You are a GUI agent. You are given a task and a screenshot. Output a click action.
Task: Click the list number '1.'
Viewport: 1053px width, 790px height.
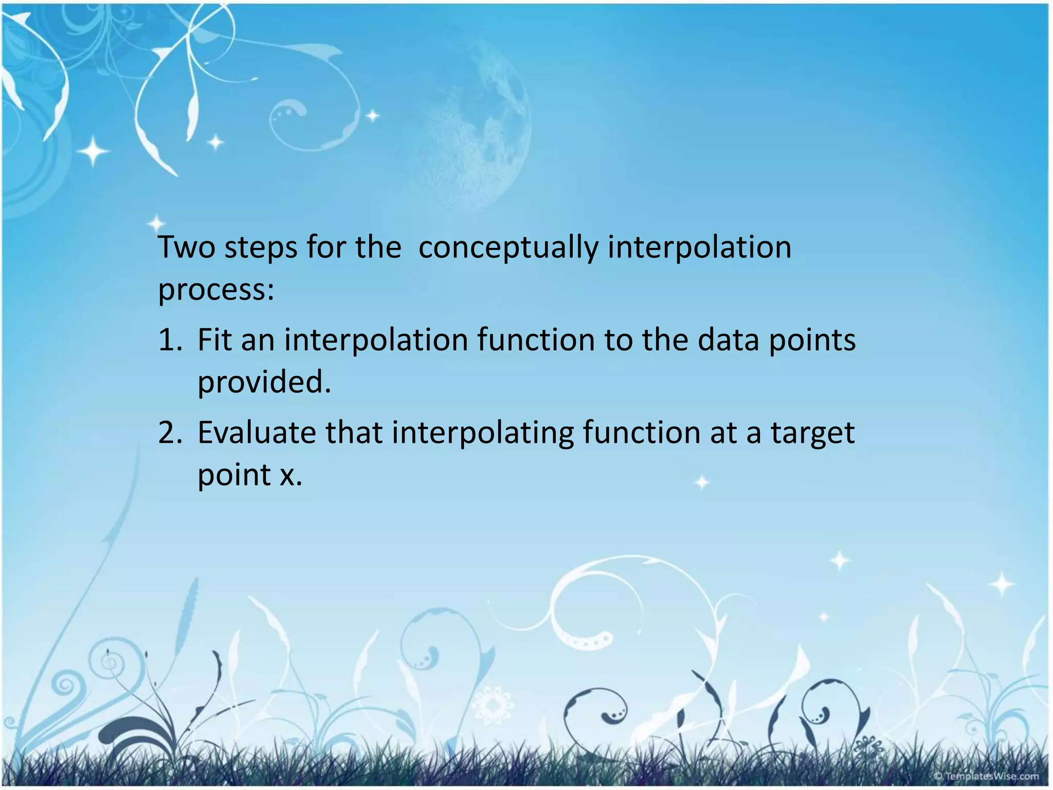[170, 340]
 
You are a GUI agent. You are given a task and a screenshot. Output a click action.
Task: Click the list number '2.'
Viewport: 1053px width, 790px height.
[170, 433]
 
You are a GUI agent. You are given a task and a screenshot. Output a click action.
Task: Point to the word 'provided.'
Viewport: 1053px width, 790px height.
[264, 383]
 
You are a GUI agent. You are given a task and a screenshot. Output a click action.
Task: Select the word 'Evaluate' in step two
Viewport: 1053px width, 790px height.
[257, 433]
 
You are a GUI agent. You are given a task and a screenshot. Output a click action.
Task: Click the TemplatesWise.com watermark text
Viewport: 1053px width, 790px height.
[986, 776]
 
